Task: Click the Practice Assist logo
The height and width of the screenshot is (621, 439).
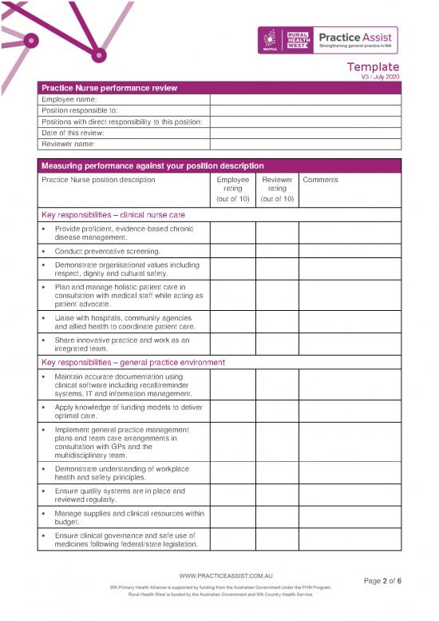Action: pyautogui.click(x=356, y=40)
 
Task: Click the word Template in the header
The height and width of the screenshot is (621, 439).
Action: pyautogui.click(x=374, y=67)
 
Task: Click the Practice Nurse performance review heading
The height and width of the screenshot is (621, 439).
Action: pyautogui.click(x=109, y=87)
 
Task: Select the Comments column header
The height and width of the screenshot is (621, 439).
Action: pyautogui.click(x=320, y=180)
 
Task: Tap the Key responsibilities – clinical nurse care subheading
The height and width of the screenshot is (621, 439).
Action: pyautogui.click(x=113, y=215)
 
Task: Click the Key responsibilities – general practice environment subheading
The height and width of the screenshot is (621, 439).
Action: pyautogui.click(x=132, y=362)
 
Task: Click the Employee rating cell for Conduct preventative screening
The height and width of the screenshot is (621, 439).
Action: pyautogui.click(x=232, y=252)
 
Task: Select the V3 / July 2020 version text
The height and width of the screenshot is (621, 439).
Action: pyautogui.click(x=380, y=77)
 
